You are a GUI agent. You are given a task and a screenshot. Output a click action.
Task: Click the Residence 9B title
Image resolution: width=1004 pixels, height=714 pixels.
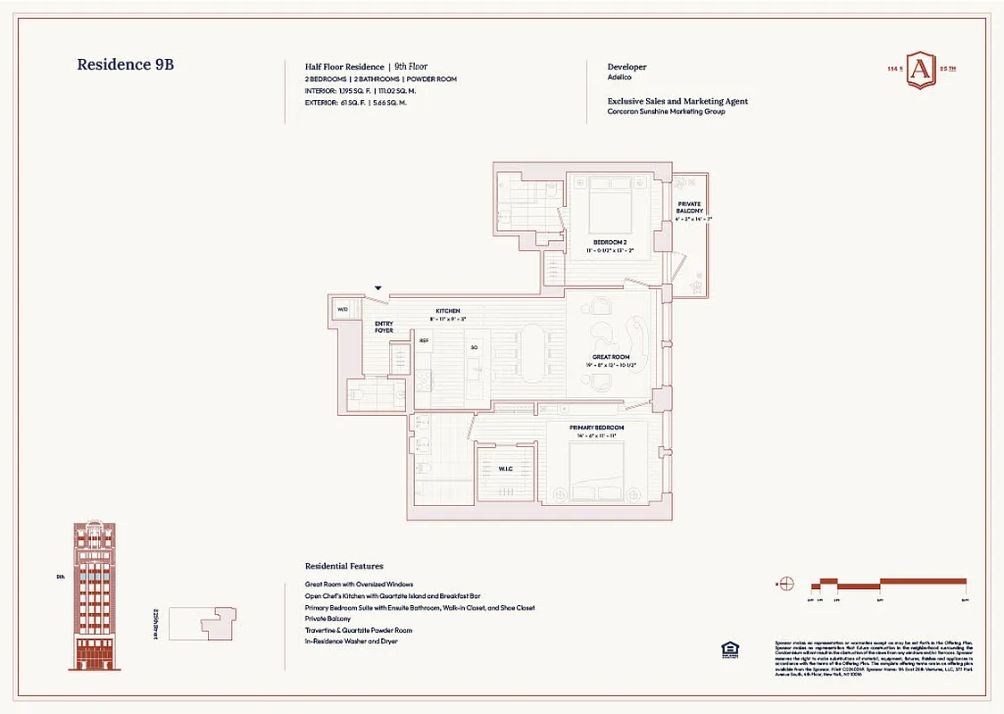click(x=131, y=64)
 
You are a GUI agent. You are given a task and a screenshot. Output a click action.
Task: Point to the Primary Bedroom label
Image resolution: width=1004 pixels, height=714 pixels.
click(x=596, y=428)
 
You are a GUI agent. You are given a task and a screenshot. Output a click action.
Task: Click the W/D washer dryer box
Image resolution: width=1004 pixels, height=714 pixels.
click(x=342, y=310)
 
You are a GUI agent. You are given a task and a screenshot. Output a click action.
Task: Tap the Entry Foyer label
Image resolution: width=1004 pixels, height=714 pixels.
click(x=384, y=328)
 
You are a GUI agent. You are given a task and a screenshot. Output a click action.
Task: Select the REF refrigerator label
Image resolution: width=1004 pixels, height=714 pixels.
click(x=424, y=340)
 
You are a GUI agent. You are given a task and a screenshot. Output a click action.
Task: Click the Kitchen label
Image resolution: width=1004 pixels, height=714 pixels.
click(x=447, y=310)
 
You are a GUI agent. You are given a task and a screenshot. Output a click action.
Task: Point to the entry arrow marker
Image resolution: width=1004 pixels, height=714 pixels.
click(x=378, y=288)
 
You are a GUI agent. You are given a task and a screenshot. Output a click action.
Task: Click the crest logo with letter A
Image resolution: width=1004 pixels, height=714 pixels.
click(x=921, y=71)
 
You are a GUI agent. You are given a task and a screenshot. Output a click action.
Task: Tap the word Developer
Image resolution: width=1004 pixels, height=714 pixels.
click(x=626, y=67)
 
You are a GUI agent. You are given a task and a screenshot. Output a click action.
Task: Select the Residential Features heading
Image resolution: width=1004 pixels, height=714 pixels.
click(x=344, y=566)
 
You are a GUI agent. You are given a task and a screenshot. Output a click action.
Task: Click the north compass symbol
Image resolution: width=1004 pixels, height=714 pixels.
click(x=786, y=585)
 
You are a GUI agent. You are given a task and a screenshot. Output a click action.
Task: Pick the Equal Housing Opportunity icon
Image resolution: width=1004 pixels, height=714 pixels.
click(x=728, y=649)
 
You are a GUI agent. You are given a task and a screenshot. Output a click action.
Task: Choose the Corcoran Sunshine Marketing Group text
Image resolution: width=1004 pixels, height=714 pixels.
click(x=666, y=112)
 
